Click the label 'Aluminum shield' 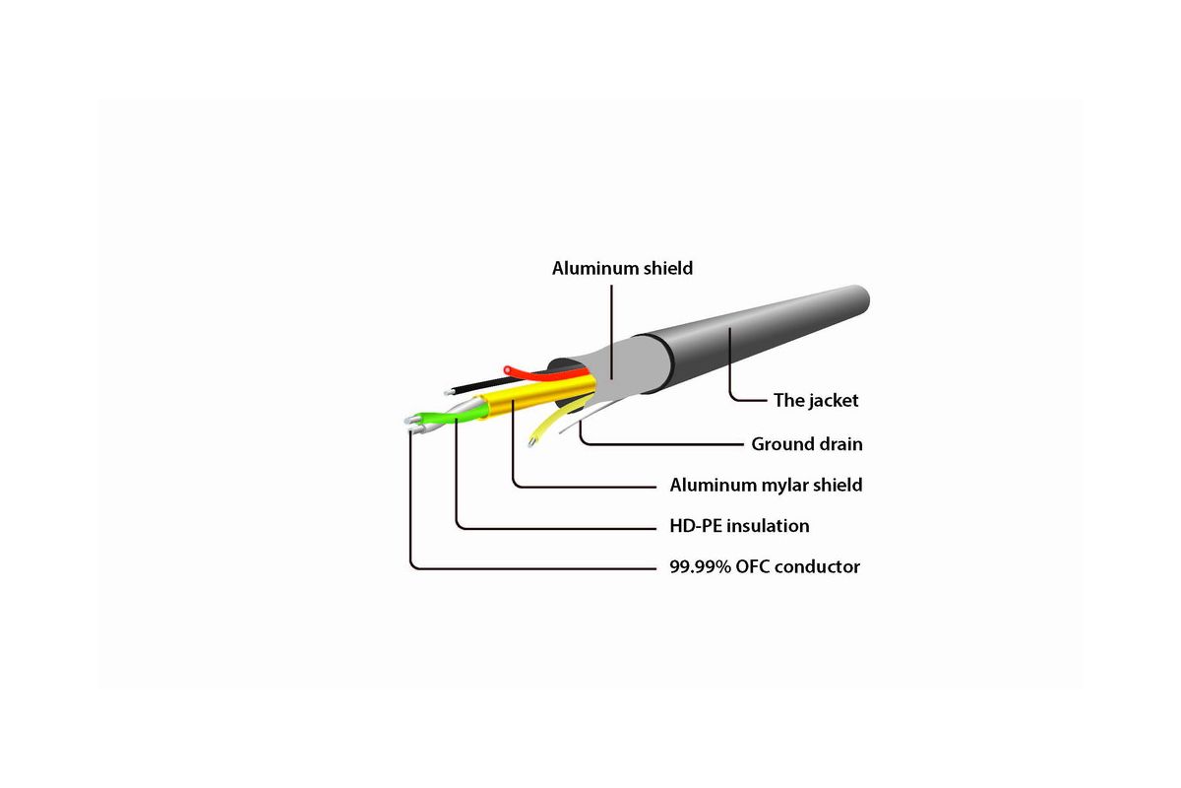[x=622, y=268]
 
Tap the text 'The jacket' [x=816, y=400]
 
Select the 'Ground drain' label [x=807, y=444]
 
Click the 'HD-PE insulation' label [x=739, y=526]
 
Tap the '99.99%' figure [x=700, y=566]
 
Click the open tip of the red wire [x=508, y=369]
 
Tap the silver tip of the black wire [x=448, y=393]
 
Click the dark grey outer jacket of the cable [x=749, y=338]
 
